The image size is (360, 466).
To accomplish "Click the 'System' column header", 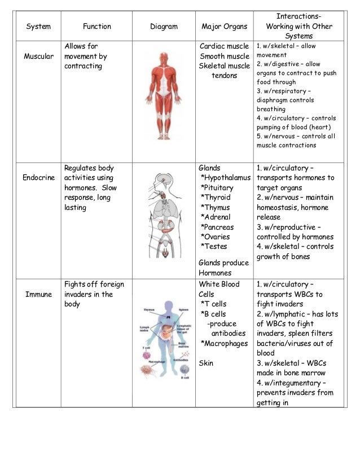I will [x=38, y=27].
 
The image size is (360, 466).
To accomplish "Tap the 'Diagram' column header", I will [x=164, y=27].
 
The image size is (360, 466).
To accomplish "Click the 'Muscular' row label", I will [x=38, y=56].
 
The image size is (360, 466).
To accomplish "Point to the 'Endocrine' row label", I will [x=38, y=178].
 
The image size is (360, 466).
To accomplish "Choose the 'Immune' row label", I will [x=38, y=294].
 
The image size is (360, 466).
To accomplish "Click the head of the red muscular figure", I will [x=164, y=57].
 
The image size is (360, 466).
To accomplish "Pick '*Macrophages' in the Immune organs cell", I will [x=224, y=344].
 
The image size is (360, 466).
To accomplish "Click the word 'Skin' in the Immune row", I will [x=206, y=363].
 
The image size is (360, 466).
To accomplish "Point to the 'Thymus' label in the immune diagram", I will [x=148, y=310].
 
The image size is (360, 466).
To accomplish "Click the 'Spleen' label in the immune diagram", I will [x=185, y=310].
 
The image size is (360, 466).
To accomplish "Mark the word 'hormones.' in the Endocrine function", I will [x=80, y=188].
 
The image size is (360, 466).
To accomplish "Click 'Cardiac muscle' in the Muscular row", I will [x=225, y=46].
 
